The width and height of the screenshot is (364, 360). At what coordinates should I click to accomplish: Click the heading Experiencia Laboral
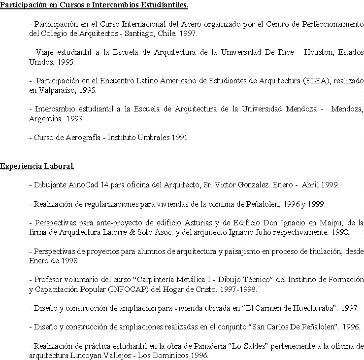[x=37, y=166]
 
